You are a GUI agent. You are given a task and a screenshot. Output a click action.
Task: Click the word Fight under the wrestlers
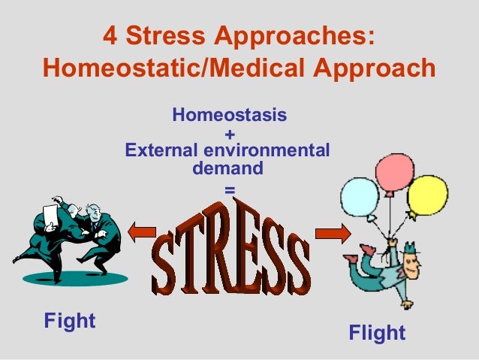tap(70, 322)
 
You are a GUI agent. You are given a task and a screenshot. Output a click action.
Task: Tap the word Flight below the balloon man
tap(377, 333)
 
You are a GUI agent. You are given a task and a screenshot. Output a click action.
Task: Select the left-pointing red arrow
tap(140, 234)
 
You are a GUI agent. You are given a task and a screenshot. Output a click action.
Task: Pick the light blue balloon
tap(360, 197)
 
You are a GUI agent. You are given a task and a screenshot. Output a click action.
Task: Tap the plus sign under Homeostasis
tap(229, 135)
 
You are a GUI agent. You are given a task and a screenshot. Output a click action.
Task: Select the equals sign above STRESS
tap(229, 190)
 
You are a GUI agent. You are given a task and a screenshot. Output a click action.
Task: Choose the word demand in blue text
tap(228, 169)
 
